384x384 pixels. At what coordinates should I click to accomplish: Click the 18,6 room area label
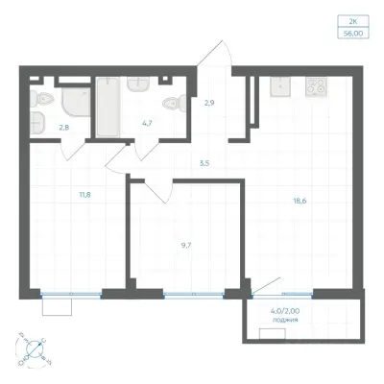(x=300, y=201)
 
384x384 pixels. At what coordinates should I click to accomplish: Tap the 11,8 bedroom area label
(x=84, y=194)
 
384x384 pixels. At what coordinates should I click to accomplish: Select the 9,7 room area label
(x=184, y=246)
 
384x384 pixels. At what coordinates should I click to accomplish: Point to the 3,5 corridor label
(x=204, y=163)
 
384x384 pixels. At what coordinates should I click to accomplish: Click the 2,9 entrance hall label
(x=209, y=103)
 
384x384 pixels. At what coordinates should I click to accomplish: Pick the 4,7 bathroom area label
(x=147, y=122)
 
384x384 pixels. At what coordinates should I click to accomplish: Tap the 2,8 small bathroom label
(x=64, y=127)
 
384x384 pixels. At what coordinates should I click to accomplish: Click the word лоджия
(x=285, y=320)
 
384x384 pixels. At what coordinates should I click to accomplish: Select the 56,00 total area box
(x=353, y=33)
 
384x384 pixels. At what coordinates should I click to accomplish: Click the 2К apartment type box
(x=353, y=22)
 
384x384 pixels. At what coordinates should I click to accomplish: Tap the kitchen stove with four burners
(x=316, y=86)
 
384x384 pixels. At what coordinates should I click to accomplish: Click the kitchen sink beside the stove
(x=280, y=86)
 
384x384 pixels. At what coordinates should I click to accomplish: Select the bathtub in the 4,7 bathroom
(x=108, y=107)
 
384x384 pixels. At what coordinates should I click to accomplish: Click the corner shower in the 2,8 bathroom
(x=76, y=103)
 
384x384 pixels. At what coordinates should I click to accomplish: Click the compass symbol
(x=35, y=348)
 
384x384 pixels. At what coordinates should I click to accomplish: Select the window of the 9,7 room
(x=194, y=295)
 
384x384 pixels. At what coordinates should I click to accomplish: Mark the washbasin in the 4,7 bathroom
(x=138, y=84)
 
